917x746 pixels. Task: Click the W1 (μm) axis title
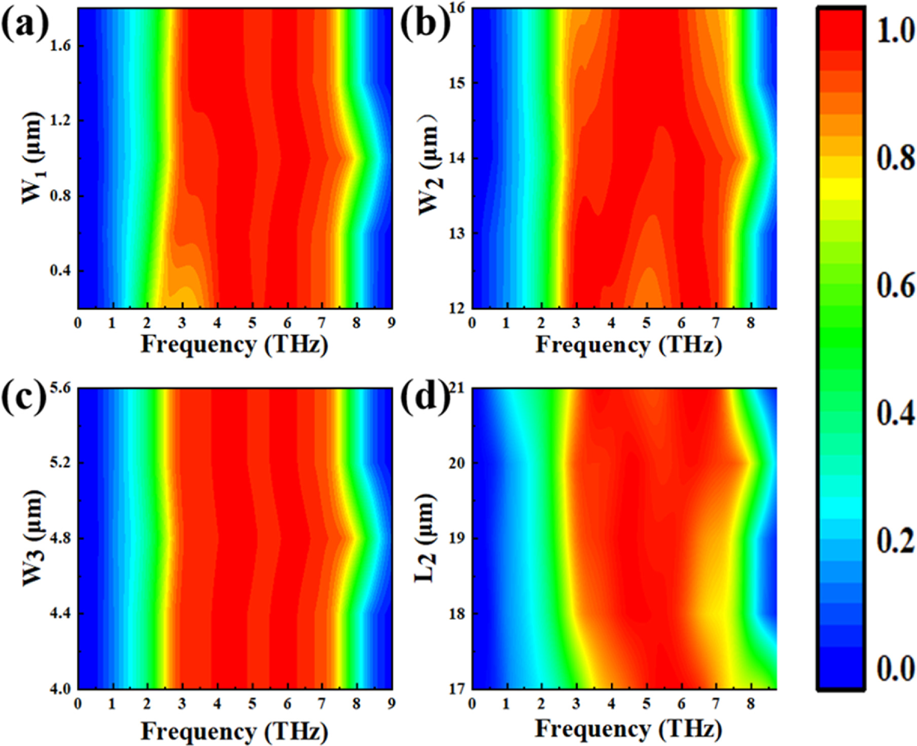coord(32,158)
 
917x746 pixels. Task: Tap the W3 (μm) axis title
coord(32,539)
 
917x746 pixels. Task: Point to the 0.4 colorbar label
coord(896,414)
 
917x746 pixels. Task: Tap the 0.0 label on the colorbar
coord(896,668)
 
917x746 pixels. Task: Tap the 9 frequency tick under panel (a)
coord(392,323)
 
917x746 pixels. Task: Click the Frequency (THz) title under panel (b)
coord(629,345)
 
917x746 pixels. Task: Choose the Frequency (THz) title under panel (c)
coord(234,731)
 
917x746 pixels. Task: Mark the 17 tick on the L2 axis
coord(456,689)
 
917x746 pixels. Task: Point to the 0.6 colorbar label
coord(896,287)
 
